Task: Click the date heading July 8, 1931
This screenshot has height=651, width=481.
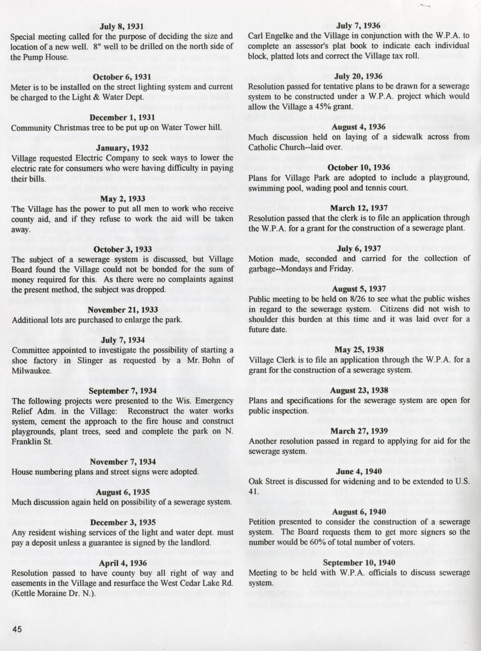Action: pos(122,26)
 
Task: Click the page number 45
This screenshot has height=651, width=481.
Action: pos(17,629)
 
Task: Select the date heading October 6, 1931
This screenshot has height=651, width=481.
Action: pos(122,77)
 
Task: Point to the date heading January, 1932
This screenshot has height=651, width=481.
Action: pos(122,148)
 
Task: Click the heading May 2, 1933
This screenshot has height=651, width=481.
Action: pos(122,199)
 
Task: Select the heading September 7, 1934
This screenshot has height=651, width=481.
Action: pos(123,391)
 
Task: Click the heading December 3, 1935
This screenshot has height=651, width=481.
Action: pos(123,523)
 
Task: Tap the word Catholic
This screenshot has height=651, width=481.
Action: pos(265,147)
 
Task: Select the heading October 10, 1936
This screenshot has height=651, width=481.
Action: pos(359,167)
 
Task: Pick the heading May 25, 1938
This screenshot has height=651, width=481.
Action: pos(359,350)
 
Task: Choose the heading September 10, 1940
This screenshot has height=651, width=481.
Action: pos(359,563)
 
